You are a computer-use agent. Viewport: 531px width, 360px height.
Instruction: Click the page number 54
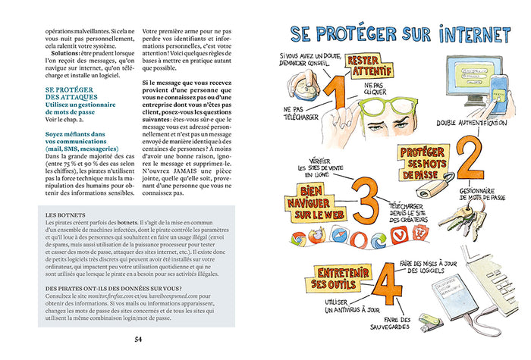(x=138, y=339)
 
